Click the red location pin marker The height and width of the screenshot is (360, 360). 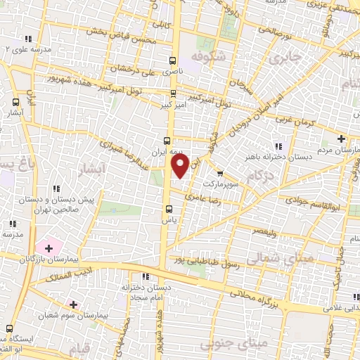(x=179, y=166)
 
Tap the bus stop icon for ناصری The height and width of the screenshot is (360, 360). (x=174, y=60)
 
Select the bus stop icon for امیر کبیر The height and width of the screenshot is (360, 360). (x=174, y=92)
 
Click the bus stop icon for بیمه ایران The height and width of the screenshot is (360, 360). (x=167, y=139)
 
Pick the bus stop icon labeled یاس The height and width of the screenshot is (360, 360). (x=168, y=208)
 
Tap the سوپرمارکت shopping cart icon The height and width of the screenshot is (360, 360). (x=220, y=173)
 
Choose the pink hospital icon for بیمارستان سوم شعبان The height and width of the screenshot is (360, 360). (x=73, y=304)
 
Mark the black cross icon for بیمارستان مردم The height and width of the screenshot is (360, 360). (x=341, y=138)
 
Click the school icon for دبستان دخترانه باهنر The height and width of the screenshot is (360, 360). (x=278, y=146)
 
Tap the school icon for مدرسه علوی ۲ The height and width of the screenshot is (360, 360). (x=27, y=39)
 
